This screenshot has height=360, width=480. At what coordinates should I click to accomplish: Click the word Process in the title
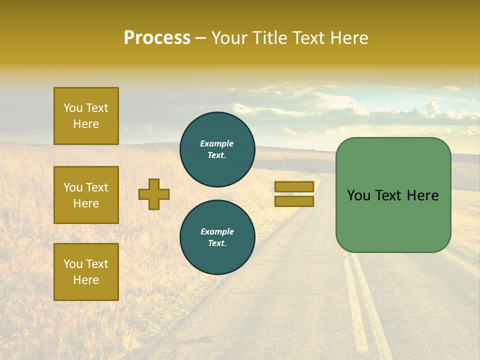click(x=157, y=38)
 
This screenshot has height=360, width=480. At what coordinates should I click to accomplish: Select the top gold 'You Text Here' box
click(x=86, y=116)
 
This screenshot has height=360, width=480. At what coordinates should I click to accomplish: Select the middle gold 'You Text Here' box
click(x=86, y=195)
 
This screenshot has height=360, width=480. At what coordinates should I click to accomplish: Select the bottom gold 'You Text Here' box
click(x=86, y=272)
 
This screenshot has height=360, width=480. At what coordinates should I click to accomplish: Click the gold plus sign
click(x=154, y=194)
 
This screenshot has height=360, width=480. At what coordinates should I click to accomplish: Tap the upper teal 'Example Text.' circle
click(x=217, y=149)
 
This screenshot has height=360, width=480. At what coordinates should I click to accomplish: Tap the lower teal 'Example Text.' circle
click(x=217, y=237)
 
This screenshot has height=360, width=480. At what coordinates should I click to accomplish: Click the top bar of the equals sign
click(x=294, y=186)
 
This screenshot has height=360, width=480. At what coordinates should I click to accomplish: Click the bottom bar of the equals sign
click(x=294, y=201)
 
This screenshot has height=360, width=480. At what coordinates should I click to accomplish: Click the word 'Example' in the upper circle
click(x=217, y=143)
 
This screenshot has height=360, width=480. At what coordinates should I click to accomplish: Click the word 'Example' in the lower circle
click(x=217, y=231)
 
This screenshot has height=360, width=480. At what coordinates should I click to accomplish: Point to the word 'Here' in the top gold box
click(x=86, y=124)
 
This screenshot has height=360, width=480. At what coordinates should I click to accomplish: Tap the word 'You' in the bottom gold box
click(x=73, y=264)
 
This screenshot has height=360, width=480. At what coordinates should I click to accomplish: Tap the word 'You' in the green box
click(x=358, y=195)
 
